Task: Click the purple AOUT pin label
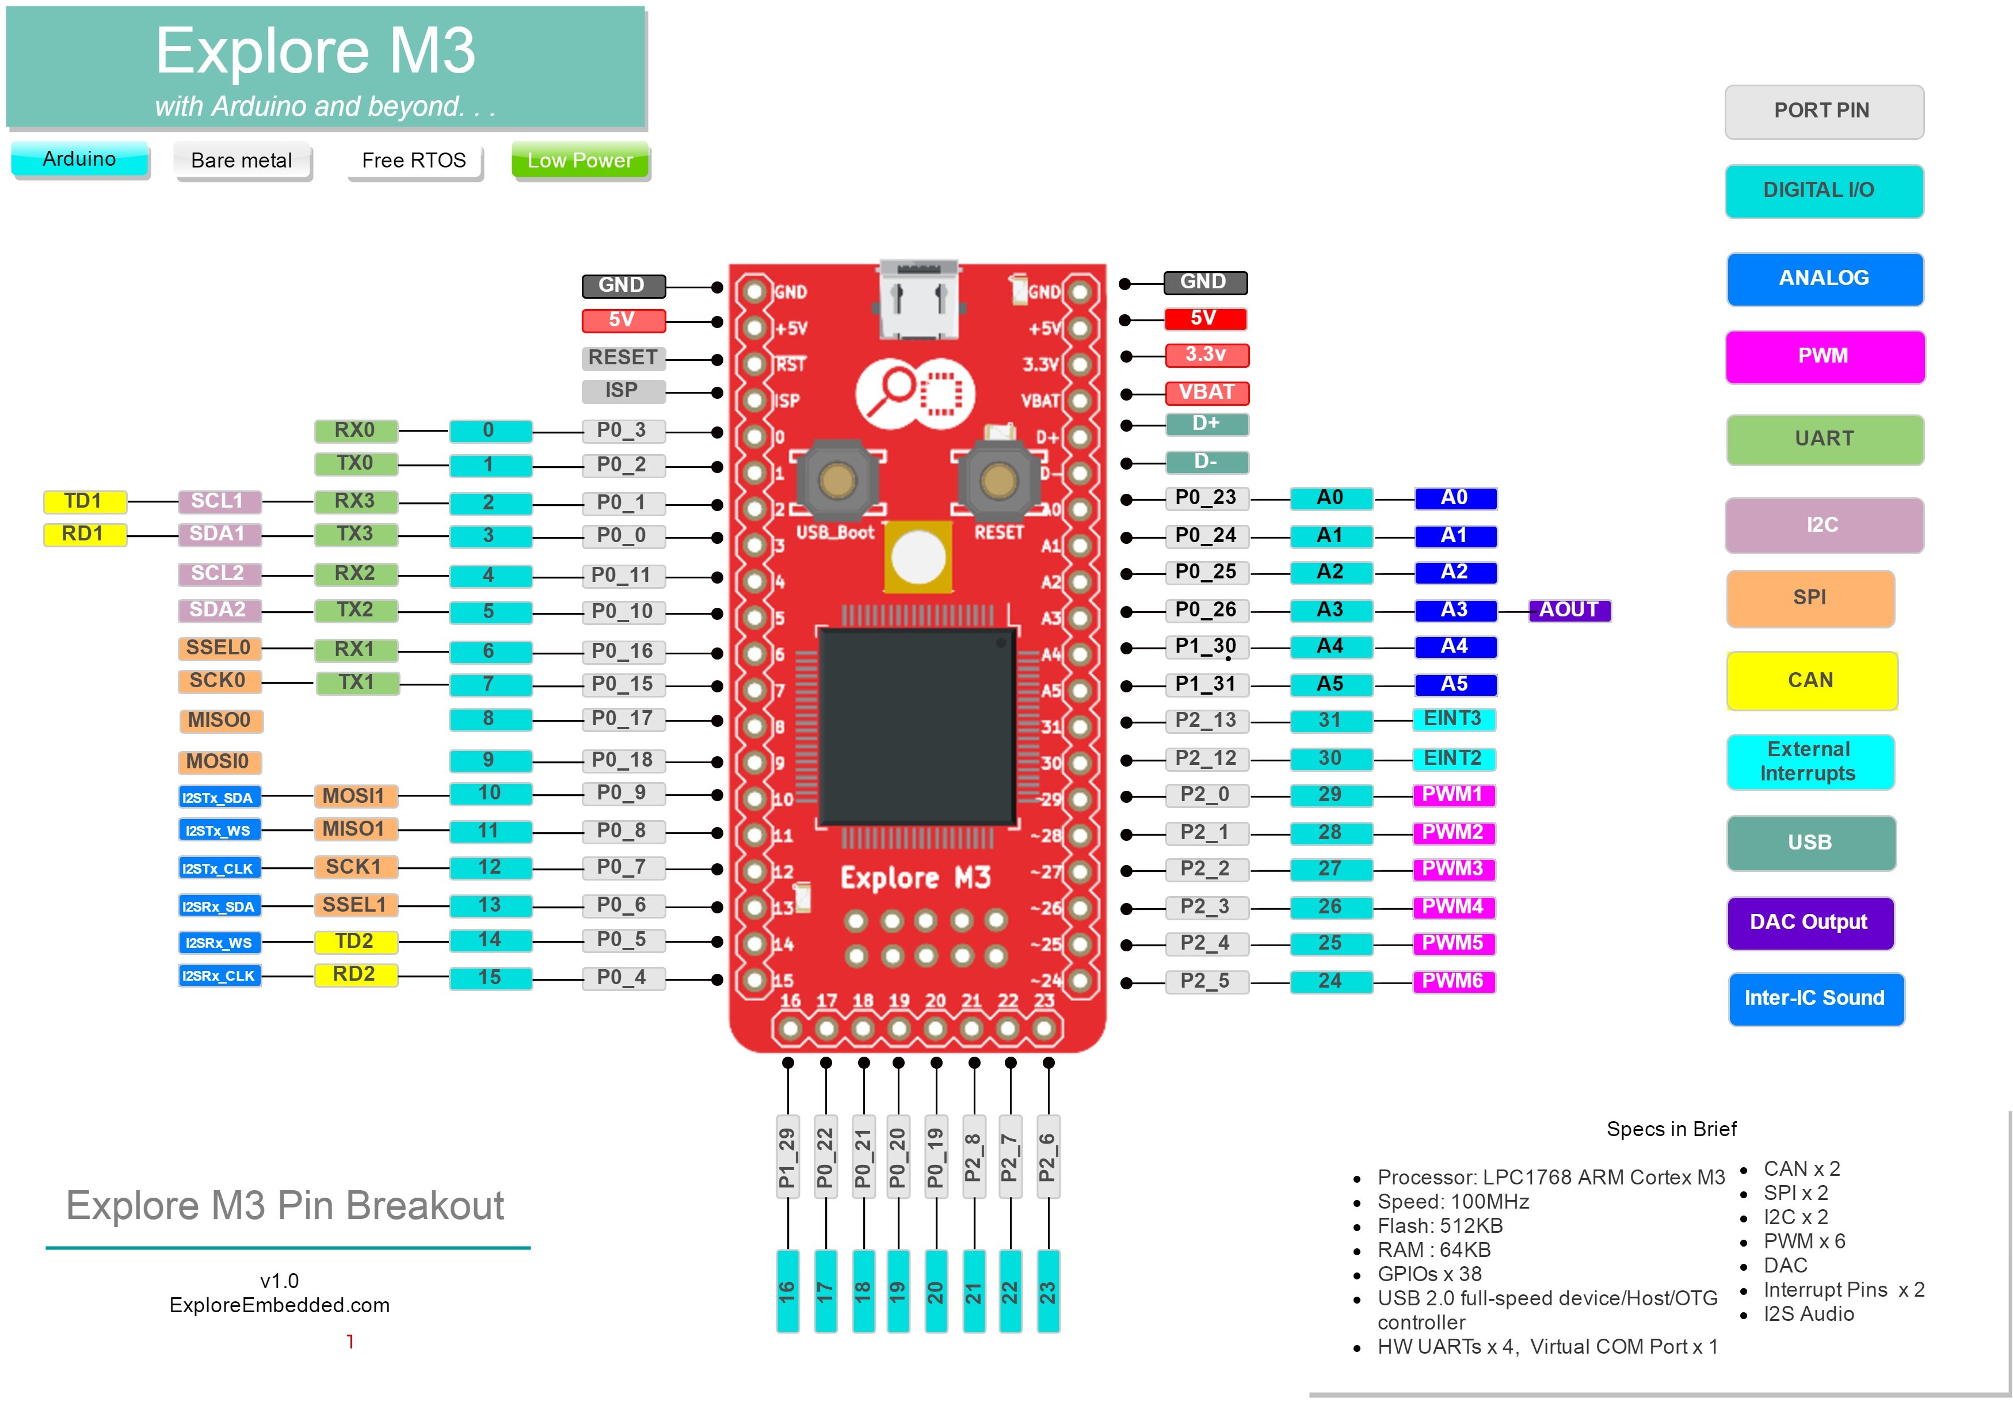[1569, 609]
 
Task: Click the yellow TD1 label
[84, 501]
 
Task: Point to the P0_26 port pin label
[1206, 609]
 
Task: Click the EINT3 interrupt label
[1452, 719]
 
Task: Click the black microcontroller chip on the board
[918, 725]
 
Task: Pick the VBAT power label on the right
[1206, 392]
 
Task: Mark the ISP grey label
[622, 390]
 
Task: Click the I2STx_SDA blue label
[218, 798]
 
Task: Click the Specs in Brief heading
[1671, 1129]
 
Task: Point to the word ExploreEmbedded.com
[280, 1305]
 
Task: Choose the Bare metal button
[242, 161]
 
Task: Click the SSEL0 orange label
[218, 648]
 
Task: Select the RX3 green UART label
[355, 501]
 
